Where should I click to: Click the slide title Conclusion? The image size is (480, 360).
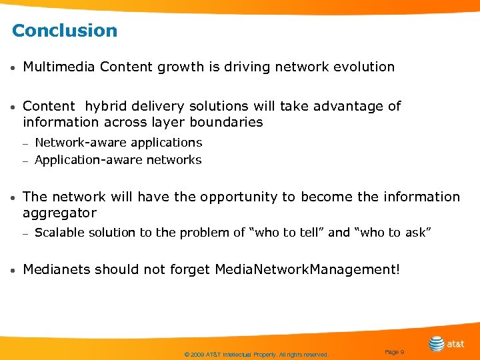[65, 31]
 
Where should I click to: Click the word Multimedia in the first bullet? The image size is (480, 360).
[59, 67]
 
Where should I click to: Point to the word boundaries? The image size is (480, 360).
[226, 123]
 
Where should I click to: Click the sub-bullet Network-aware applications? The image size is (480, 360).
[118, 143]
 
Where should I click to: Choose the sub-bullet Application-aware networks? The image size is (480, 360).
[118, 160]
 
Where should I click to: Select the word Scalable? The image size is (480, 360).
[59, 233]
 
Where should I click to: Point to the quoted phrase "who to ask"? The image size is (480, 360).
[393, 233]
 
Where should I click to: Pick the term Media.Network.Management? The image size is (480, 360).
[307, 270]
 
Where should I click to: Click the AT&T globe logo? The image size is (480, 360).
[437, 344]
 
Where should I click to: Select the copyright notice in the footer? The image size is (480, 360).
[256, 355]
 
